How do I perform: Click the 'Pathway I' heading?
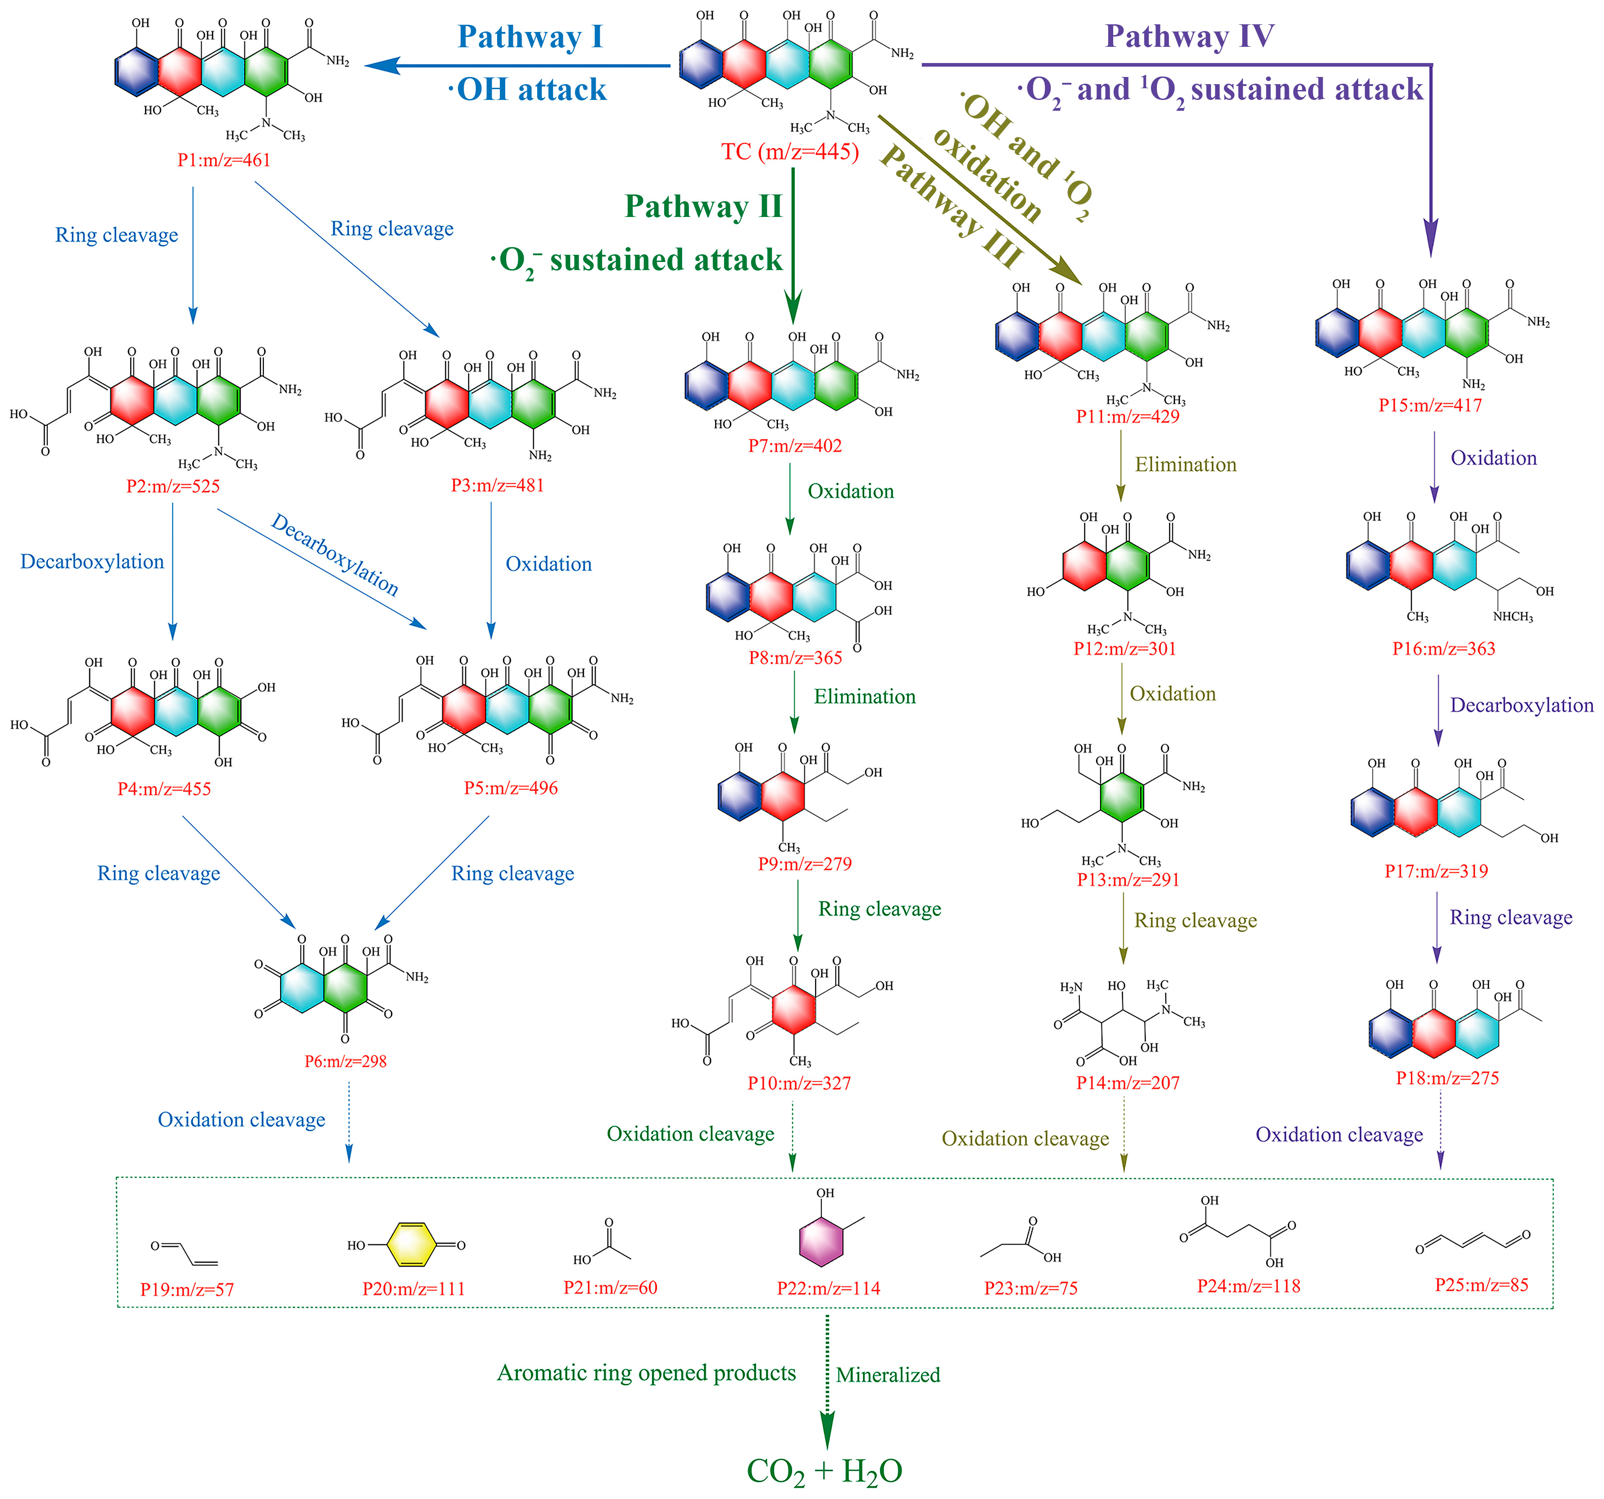point(530,37)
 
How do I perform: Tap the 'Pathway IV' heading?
point(1189,36)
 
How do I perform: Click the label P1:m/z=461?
point(223,160)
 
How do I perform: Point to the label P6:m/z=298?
point(345,1061)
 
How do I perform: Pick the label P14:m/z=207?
point(1128,1083)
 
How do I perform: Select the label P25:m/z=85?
point(1482,1285)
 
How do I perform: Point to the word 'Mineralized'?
point(888,1375)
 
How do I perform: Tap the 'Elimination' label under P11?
point(1185,465)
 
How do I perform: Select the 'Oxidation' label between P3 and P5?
point(548,564)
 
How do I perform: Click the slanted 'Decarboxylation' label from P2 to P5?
point(334,555)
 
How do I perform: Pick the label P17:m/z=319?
point(1436,871)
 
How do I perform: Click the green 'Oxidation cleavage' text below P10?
point(690,1134)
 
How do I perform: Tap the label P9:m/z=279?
point(804,863)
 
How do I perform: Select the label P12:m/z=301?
point(1125,648)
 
